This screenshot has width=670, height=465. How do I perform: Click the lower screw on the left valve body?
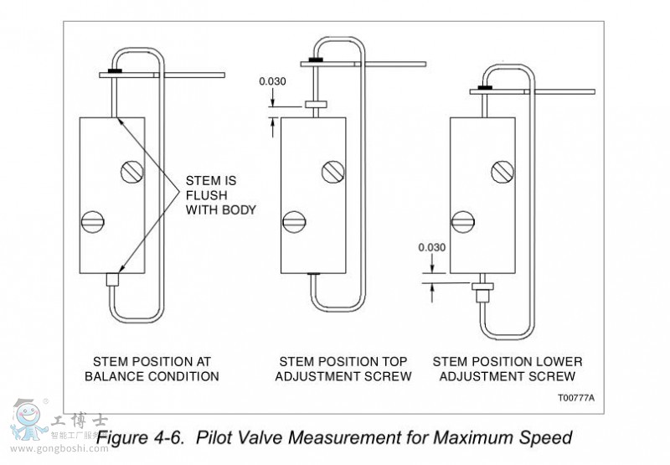point(93,222)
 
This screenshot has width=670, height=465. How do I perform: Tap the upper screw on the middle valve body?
point(333,173)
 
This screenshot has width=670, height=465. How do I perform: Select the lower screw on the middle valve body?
point(293,222)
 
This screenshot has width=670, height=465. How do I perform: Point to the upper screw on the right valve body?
point(502,173)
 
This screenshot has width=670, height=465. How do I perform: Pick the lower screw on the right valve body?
point(463,223)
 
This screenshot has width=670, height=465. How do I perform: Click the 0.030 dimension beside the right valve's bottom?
point(432,247)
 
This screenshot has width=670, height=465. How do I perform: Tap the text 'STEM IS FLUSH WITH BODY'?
point(212,194)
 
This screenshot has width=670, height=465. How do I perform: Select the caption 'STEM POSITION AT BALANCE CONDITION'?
point(152,369)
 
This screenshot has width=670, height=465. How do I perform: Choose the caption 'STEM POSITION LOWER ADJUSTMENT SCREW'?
point(508,369)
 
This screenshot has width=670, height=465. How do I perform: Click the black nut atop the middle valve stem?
point(315,60)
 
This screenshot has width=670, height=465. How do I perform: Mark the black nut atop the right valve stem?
point(484,86)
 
